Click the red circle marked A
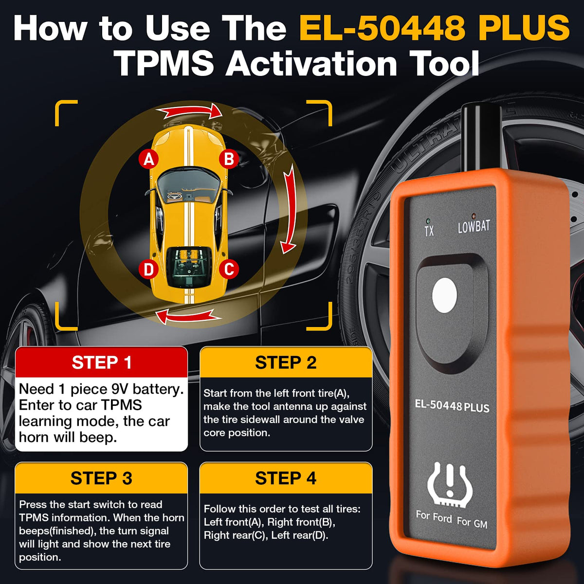tap(149, 159)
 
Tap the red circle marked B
tap(229, 159)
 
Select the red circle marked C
tap(229, 269)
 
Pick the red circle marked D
tap(149, 269)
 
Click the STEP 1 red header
tap(102, 362)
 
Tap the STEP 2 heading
tap(286, 362)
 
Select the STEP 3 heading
tap(102, 478)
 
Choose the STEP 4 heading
tap(286, 478)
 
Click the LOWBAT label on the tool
tap(474, 227)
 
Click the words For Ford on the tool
tap(434, 516)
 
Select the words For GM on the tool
tap(472, 522)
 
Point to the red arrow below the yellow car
tap(188, 317)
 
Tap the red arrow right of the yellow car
tap(290, 209)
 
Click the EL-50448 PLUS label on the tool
tap(452, 406)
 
